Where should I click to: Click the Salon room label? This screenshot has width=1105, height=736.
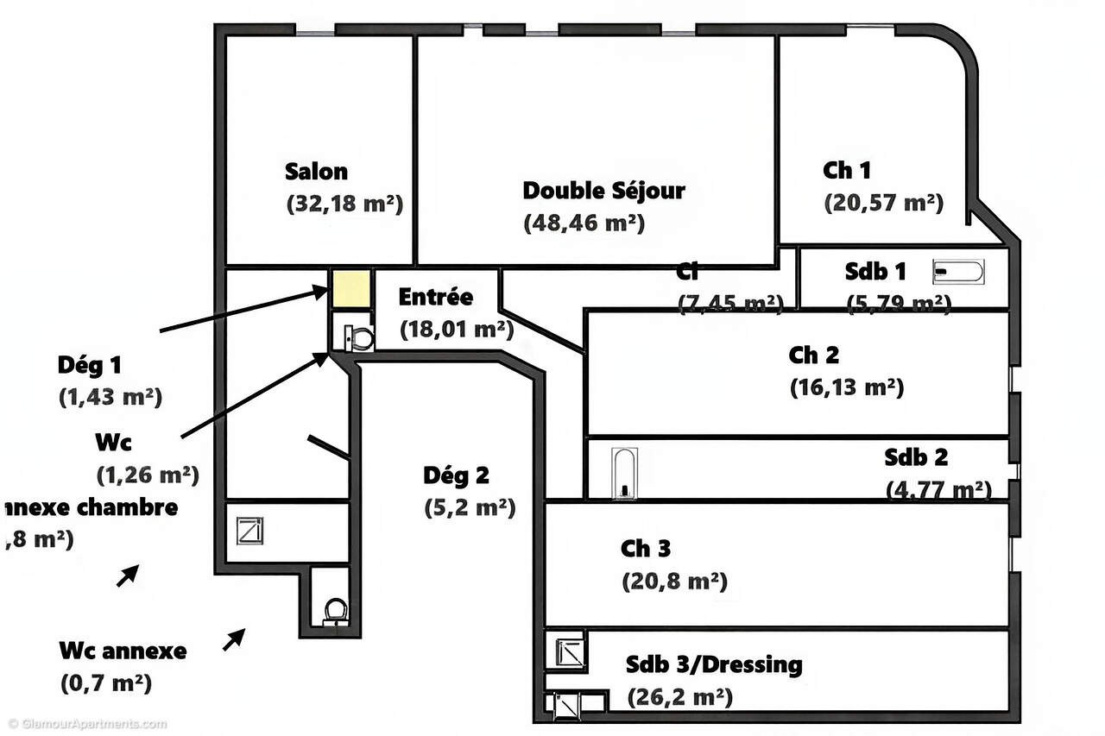coord(316,171)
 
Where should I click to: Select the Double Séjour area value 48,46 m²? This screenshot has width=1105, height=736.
coord(584,222)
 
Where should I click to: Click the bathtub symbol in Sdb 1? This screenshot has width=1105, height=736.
coord(958,273)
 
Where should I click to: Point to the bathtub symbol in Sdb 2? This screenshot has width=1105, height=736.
coord(623,472)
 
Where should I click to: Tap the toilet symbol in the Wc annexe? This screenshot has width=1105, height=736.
coord(335,611)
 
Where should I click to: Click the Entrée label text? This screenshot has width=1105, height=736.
coord(435,297)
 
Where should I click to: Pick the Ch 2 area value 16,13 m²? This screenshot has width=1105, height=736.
coord(846,387)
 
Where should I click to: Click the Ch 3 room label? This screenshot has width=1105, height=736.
coord(645,549)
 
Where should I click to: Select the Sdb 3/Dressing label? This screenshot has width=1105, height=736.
coord(714,665)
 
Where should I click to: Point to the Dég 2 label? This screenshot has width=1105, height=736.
coord(456,475)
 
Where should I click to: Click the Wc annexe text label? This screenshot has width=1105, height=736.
coord(123,651)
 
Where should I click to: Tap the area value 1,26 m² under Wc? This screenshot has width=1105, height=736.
coord(148,474)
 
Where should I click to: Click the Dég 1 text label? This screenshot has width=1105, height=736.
coord(89,365)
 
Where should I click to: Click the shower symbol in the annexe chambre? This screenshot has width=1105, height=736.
coord(249,530)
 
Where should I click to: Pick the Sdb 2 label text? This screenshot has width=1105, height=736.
coord(915,456)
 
